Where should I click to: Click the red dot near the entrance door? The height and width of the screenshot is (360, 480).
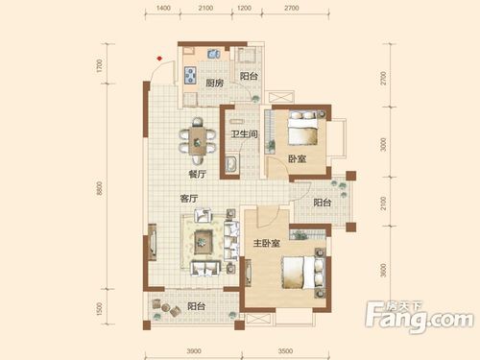pyautogui.click(x=159, y=59)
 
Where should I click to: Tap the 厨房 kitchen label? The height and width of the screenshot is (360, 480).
pyautogui.click(x=214, y=84)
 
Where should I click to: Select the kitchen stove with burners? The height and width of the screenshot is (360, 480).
pyautogui.click(x=190, y=75)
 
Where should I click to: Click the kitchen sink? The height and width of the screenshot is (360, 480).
pyautogui.click(x=213, y=54)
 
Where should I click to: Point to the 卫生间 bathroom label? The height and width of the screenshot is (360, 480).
pyautogui.click(x=245, y=133)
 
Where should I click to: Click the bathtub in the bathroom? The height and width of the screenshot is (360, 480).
pyautogui.click(x=232, y=164)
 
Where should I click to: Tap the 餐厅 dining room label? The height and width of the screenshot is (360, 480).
pyautogui.click(x=198, y=175)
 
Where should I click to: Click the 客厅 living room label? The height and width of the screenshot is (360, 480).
pyautogui.click(x=189, y=199)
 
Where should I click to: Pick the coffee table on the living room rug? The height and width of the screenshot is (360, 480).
pyautogui.click(x=203, y=242)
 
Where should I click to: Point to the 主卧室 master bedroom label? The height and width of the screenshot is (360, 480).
pyautogui.click(x=267, y=244)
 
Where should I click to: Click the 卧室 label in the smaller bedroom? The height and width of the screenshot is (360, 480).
pyautogui.click(x=298, y=158)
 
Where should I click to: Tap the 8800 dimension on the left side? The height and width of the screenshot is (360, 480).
pyautogui.click(x=100, y=188)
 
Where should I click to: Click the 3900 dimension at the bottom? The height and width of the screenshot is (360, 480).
pyautogui.click(x=194, y=351)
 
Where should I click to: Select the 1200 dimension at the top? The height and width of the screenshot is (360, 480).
pyautogui.click(x=244, y=9)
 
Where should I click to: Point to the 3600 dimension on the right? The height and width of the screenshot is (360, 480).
pyautogui.click(x=384, y=271)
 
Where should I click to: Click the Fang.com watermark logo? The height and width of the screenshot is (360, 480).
pyautogui.click(x=420, y=316)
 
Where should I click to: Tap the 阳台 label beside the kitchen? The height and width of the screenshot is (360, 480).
pyautogui.click(x=249, y=76)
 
